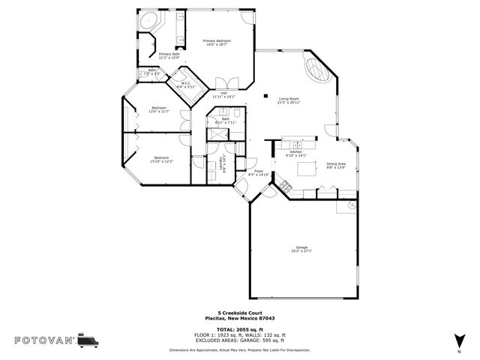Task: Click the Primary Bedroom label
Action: click(x=217, y=43)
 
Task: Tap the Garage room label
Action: click(x=301, y=249)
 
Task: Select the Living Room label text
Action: click(x=289, y=100)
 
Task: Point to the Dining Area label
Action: click(x=335, y=165)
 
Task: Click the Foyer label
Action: click(x=259, y=172)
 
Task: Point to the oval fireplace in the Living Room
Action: click(x=317, y=72)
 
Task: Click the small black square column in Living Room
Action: click(x=266, y=94)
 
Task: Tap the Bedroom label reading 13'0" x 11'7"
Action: click(x=158, y=110)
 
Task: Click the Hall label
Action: click(x=223, y=94)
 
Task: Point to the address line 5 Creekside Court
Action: click(x=239, y=313)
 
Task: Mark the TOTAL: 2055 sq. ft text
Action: click(x=239, y=329)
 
